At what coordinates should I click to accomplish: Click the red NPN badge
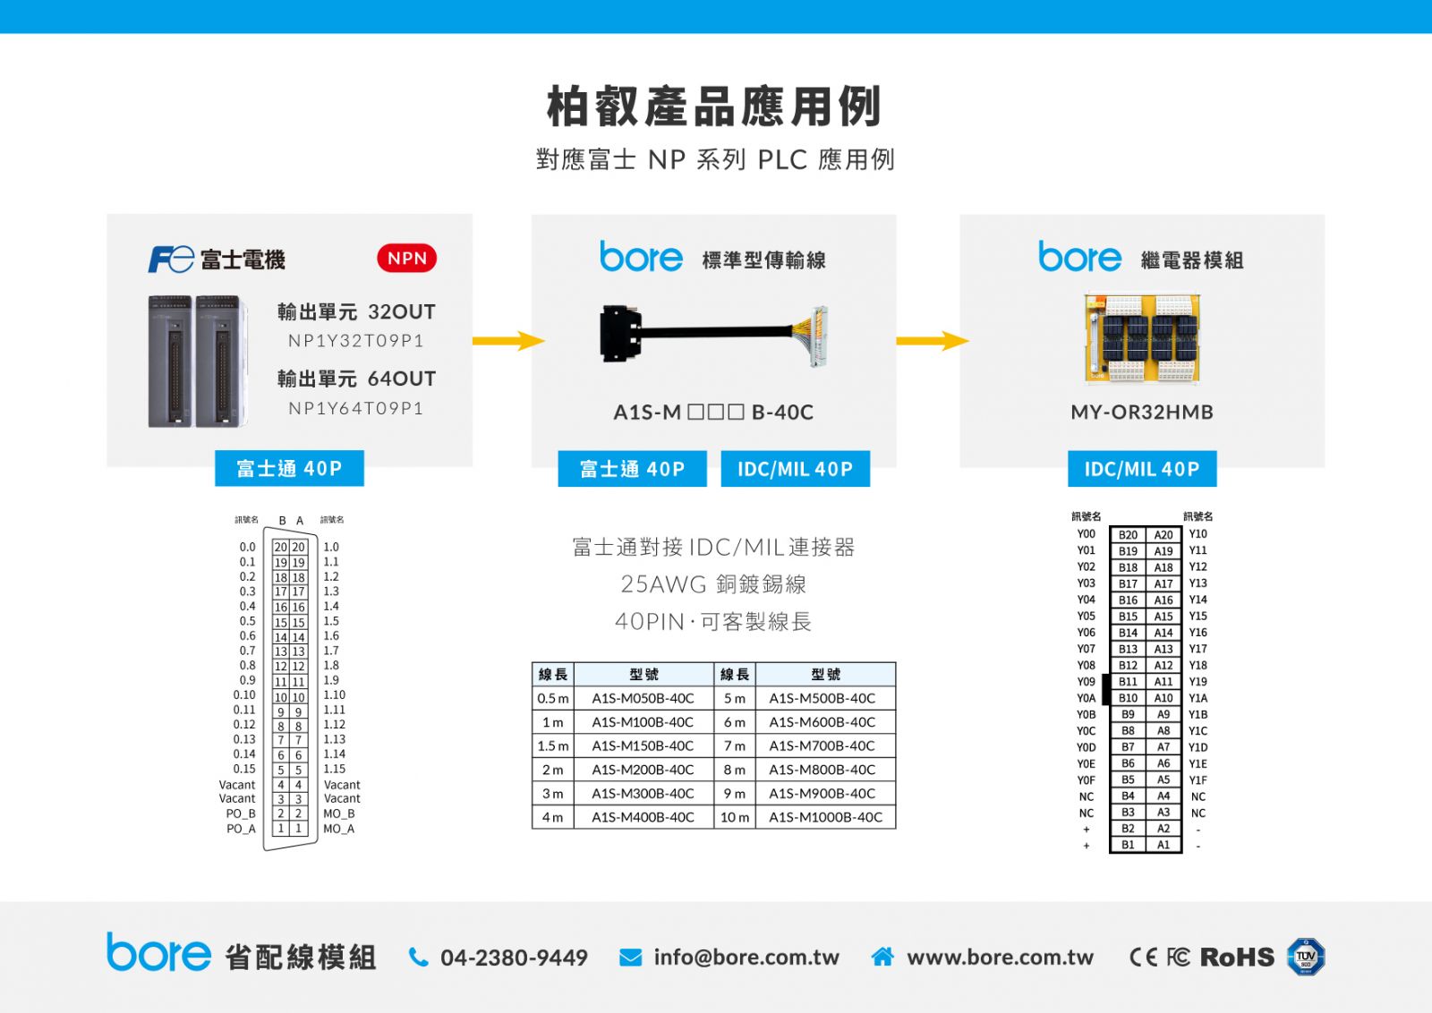pyautogui.click(x=406, y=259)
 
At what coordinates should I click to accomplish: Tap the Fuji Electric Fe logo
pyautogui.click(x=171, y=259)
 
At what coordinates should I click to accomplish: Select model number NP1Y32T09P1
pyautogui.click(x=356, y=341)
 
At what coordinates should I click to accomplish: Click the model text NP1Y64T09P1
pyautogui.click(x=356, y=408)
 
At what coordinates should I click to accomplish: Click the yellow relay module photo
pyautogui.click(x=1142, y=339)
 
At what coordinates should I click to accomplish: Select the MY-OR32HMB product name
pyautogui.click(x=1142, y=413)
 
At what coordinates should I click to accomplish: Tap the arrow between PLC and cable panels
pyautogui.click(x=508, y=341)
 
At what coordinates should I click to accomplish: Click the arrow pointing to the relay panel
pyautogui.click(x=933, y=341)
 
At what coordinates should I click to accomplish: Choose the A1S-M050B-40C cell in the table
pyautogui.click(x=643, y=699)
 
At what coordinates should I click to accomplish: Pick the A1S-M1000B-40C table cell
pyautogui.click(x=825, y=817)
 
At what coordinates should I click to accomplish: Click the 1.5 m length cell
pyautogui.click(x=553, y=745)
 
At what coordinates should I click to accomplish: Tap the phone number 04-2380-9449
pyautogui.click(x=514, y=958)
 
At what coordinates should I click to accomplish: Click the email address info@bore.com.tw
pyautogui.click(x=746, y=958)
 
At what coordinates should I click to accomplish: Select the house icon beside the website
pyautogui.click(x=882, y=957)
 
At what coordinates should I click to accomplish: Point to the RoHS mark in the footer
pyautogui.click(x=1237, y=958)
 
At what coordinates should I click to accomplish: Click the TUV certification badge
pyautogui.click(x=1306, y=957)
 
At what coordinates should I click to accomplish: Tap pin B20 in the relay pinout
pyautogui.click(x=1128, y=535)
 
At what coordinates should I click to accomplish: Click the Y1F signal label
pyautogui.click(x=1198, y=780)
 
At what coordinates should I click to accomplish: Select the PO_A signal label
pyautogui.click(x=241, y=829)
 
